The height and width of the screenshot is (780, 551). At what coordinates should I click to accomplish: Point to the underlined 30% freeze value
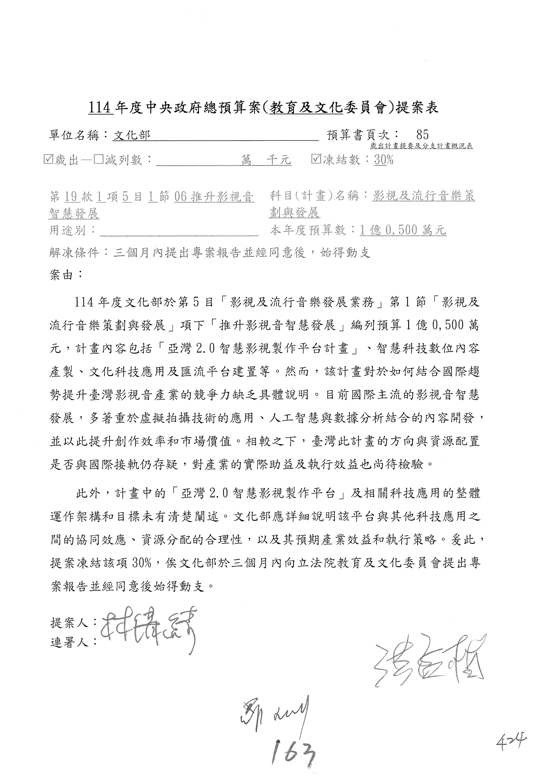coord(384,159)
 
